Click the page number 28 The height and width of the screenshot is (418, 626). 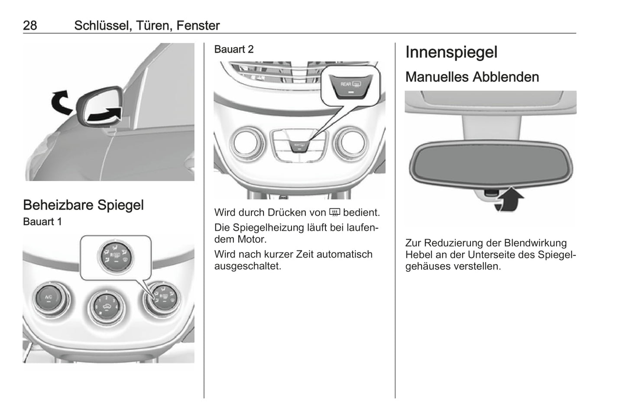pos(30,26)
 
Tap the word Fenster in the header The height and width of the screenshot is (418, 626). pos(198,26)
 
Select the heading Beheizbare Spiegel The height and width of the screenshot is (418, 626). pos(83,205)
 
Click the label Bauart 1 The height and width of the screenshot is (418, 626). pos(42,222)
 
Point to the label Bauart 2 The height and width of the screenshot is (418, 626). pos(234,49)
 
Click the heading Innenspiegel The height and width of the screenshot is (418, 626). pos(451,52)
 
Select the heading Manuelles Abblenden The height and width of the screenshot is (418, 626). pos(472,77)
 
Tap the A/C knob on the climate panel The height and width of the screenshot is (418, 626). pos(49,298)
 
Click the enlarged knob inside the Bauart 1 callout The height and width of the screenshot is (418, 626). pos(115,257)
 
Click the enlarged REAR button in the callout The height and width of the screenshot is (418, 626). pos(350,87)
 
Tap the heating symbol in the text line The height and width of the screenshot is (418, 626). pos(334,213)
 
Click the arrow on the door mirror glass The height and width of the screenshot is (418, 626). pos(104,114)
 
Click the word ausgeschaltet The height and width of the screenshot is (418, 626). pos(248,266)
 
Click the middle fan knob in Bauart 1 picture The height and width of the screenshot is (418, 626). pos(107,308)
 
